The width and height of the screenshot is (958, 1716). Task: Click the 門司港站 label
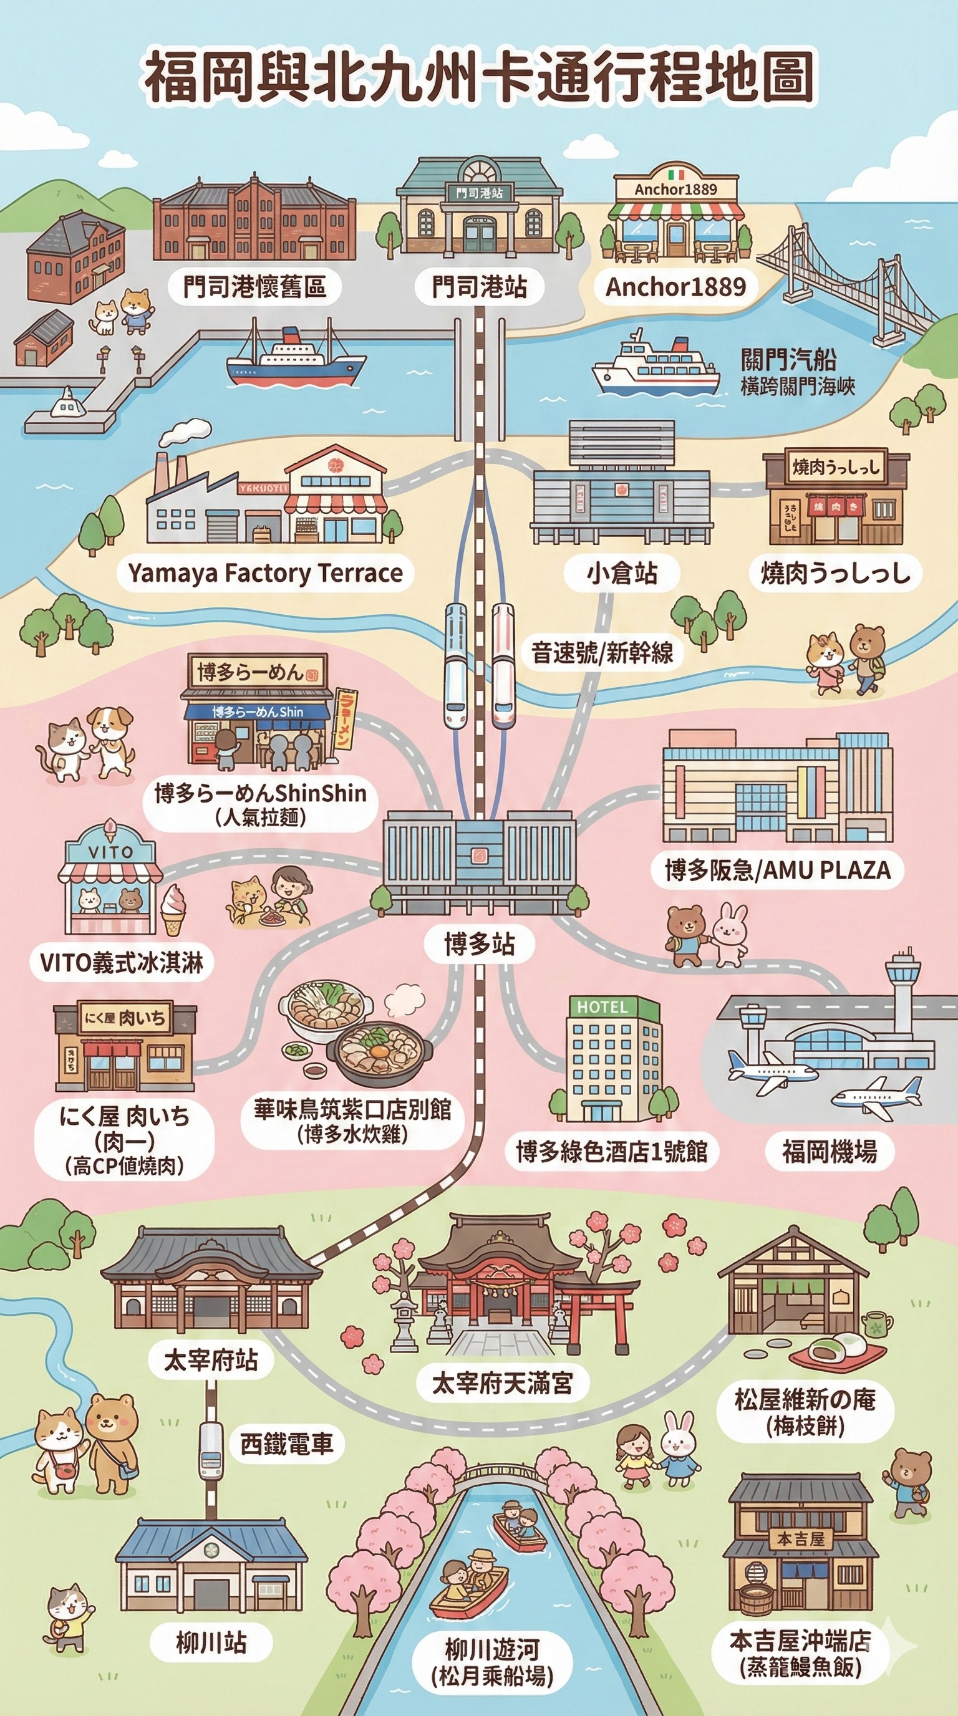pos(479,286)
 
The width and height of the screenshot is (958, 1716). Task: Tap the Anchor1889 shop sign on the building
pos(675,189)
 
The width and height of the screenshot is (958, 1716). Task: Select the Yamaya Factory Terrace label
pos(265,573)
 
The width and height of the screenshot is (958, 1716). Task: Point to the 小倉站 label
pos(622,573)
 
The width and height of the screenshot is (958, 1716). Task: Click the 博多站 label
pos(480,944)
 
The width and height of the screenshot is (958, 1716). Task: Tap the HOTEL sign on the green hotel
pos(602,1006)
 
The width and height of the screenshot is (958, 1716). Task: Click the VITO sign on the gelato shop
pos(110,851)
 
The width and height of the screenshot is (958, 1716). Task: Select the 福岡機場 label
pos(830,1151)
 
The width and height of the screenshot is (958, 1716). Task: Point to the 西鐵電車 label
pos(286,1444)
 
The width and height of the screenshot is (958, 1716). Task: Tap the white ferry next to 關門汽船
pos(655,364)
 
